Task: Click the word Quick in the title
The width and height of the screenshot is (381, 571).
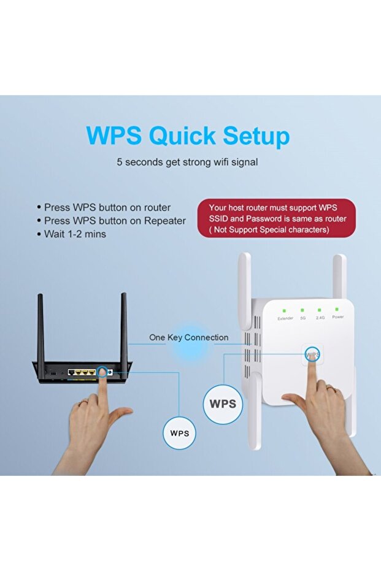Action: click(182, 136)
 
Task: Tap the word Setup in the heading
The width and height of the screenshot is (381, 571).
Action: click(256, 136)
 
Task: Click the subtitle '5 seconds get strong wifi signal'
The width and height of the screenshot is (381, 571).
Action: click(187, 162)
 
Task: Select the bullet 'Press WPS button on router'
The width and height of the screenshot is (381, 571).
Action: click(104, 207)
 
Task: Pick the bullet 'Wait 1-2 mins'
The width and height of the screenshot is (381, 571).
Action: click(71, 234)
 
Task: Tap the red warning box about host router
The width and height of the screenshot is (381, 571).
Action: click(277, 218)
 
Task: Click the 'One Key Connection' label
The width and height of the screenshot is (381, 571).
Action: click(189, 337)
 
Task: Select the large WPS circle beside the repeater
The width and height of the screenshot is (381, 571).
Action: click(223, 404)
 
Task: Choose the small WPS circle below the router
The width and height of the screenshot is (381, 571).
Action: click(180, 434)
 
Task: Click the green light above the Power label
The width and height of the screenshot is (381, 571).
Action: click(337, 309)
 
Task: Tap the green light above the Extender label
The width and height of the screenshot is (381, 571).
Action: click(285, 310)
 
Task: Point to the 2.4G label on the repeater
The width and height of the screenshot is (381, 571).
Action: click(320, 318)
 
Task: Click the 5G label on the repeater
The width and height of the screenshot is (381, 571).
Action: click(302, 318)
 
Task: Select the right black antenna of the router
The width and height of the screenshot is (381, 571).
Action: click(124, 327)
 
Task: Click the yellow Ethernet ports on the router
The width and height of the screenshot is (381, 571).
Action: click(83, 372)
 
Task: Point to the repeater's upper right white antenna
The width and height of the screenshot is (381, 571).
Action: click(339, 277)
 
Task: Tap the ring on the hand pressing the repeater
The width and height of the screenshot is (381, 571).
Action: click(330, 389)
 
